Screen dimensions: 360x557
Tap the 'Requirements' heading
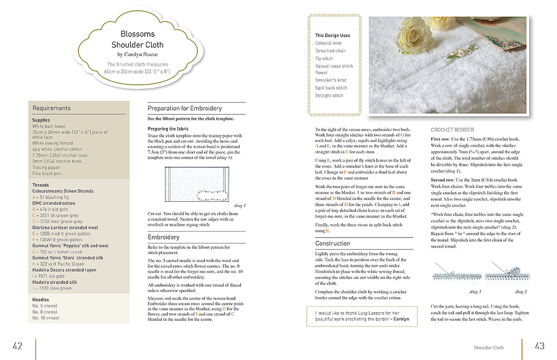click(x=51, y=108)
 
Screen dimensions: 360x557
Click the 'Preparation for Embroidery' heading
click(x=185, y=109)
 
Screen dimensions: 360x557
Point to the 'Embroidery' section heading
click(x=163, y=237)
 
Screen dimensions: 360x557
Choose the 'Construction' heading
click(x=332, y=243)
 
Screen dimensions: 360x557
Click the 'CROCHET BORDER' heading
click(x=452, y=130)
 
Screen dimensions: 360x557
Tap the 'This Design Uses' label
click(x=332, y=35)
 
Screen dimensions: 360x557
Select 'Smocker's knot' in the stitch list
click(x=330, y=80)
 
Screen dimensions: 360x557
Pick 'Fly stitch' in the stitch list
click(x=324, y=59)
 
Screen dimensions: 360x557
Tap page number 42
click(x=17, y=346)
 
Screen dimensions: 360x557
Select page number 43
click(x=539, y=346)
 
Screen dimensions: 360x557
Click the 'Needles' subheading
click(x=41, y=299)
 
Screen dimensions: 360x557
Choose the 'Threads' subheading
click(x=41, y=185)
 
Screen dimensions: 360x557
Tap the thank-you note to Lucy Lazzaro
click(x=362, y=316)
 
